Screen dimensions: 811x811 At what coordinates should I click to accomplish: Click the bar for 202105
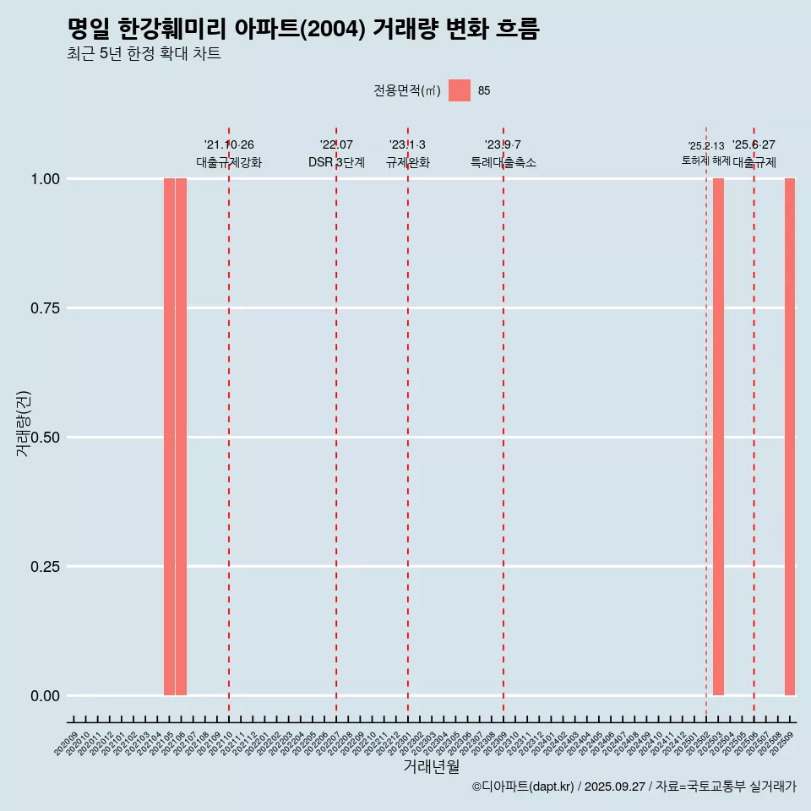click(x=169, y=437)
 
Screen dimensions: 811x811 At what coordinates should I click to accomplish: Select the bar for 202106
click(x=181, y=437)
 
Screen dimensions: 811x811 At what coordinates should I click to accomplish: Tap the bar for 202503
click(x=718, y=437)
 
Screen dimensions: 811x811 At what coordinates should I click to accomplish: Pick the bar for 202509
click(x=790, y=437)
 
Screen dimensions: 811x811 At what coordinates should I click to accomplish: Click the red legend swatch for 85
click(x=459, y=90)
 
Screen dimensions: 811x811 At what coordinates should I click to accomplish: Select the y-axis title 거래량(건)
click(x=23, y=423)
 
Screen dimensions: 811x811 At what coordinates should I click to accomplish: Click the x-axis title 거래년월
click(x=431, y=767)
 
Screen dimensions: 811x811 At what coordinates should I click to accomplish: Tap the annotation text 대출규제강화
click(x=229, y=162)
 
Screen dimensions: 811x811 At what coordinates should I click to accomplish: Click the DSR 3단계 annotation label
click(x=336, y=162)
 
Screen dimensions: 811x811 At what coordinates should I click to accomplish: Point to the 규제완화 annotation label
click(x=408, y=162)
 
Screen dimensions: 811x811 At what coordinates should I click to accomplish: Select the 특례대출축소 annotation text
click(x=503, y=162)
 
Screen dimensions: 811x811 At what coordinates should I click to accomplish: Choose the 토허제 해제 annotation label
click(x=706, y=161)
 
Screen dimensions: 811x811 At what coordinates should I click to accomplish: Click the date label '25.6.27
click(x=754, y=145)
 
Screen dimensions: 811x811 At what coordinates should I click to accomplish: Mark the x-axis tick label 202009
click(x=66, y=743)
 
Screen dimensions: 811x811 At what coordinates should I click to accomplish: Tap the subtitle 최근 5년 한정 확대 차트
click(x=144, y=54)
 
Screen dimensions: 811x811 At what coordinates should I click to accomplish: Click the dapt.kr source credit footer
click(x=634, y=787)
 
